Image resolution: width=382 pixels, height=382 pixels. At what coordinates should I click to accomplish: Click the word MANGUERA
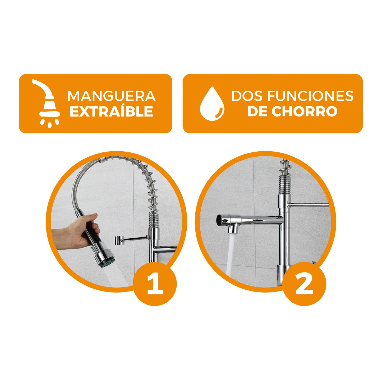tap(111, 96)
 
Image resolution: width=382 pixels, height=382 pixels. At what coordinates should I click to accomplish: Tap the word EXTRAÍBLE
tap(111, 111)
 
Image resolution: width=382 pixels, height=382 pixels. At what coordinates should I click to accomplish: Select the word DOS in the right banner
tap(248, 96)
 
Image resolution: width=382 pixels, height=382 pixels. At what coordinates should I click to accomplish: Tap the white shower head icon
tap(47, 103)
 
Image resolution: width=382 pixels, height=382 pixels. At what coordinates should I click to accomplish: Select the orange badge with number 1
tap(155, 284)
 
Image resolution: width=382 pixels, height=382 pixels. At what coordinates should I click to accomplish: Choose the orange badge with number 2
tap(304, 284)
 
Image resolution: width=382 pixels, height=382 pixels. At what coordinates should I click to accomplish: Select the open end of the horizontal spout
tap(219, 220)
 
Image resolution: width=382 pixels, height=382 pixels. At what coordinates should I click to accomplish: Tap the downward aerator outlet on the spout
tap(233, 229)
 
